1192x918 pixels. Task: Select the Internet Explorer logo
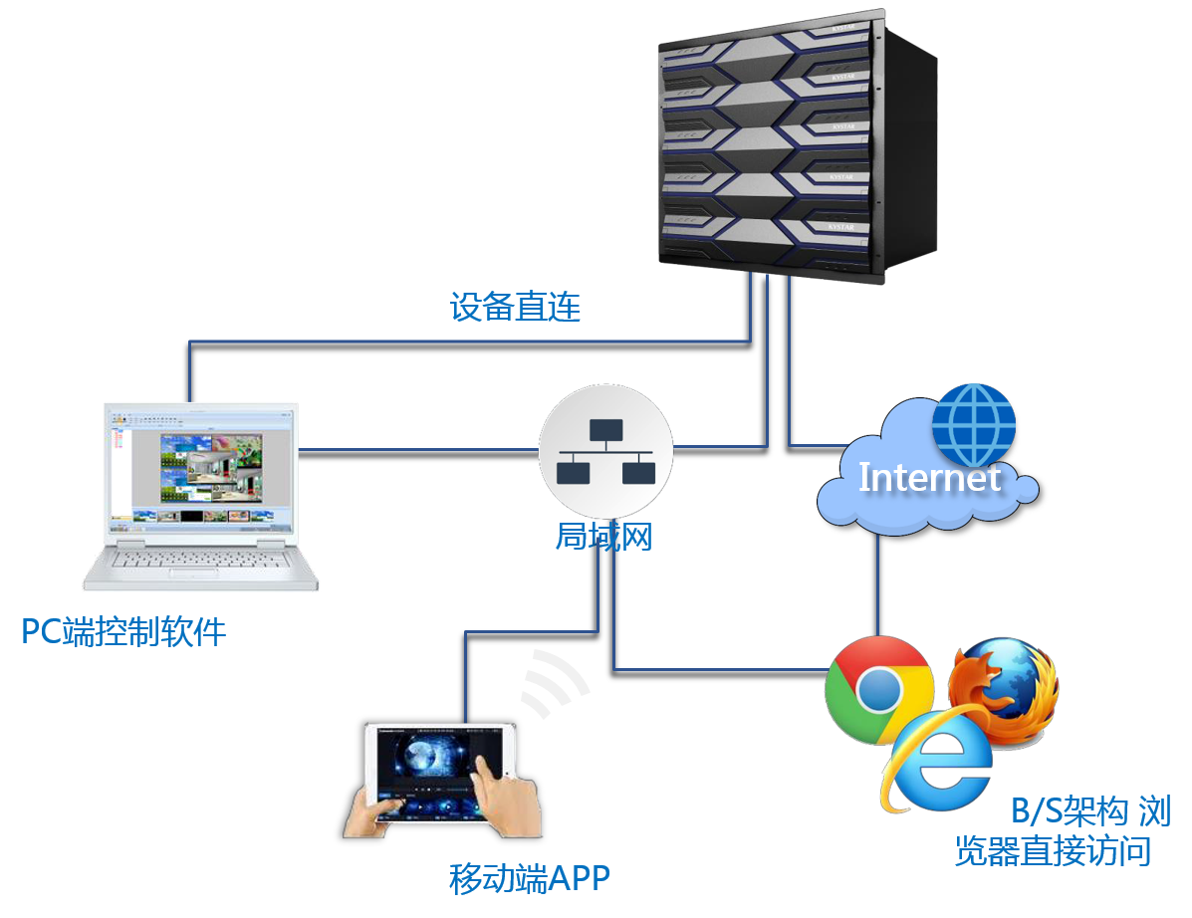[935, 758]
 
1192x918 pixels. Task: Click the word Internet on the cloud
[928, 477]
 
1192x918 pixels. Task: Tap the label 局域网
[603, 538]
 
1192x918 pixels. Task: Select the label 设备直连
[515, 307]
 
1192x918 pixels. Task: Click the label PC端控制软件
[124, 631]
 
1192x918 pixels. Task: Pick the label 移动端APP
[529, 878]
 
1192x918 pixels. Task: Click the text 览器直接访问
[1053, 851]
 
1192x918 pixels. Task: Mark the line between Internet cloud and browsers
[877, 587]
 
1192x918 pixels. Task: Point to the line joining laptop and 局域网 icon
[418, 449]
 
